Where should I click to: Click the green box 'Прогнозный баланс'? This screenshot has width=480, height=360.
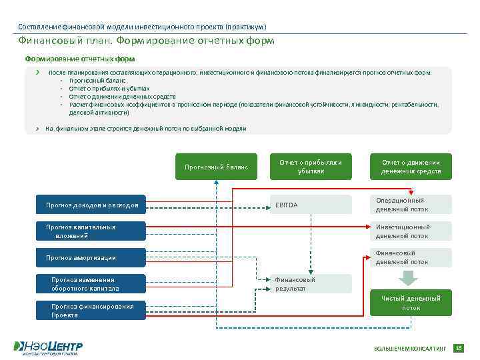click(x=216, y=167)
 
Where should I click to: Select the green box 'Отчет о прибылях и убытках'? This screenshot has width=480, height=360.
click(x=311, y=167)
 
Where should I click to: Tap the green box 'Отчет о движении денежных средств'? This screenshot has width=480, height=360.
click(x=411, y=167)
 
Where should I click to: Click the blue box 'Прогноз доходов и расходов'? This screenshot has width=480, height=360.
click(x=91, y=205)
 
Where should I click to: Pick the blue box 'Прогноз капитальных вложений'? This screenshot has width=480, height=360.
click(x=91, y=231)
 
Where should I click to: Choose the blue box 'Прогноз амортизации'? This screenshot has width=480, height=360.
click(x=91, y=257)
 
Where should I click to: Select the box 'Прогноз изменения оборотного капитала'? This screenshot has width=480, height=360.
click(x=91, y=284)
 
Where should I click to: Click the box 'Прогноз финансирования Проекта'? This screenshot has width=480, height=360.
click(x=91, y=311)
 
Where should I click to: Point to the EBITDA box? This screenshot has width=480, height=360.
click(x=311, y=205)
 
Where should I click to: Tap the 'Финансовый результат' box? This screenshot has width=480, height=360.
click(x=311, y=284)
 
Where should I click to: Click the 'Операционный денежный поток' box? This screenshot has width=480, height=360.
click(x=411, y=205)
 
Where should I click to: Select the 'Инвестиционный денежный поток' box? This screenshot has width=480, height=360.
click(x=411, y=231)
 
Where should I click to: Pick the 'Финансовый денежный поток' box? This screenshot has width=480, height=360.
click(x=411, y=257)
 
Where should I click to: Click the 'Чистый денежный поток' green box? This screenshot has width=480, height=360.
click(x=411, y=303)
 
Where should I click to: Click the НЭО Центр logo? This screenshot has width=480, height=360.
click(x=48, y=347)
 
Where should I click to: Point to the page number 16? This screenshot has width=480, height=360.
click(x=458, y=348)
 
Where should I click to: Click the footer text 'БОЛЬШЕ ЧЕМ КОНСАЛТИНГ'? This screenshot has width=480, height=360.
click(x=409, y=349)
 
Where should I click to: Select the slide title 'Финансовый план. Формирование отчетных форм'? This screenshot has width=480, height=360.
click(x=146, y=41)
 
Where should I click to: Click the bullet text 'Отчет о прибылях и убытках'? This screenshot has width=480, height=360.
click(x=109, y=88)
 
